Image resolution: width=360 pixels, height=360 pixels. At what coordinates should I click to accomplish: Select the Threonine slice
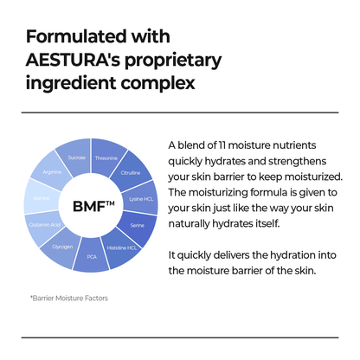point(106,158)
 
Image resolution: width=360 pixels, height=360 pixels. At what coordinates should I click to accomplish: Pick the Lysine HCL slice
point(141,198)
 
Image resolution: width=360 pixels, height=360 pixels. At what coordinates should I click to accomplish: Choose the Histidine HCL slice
point(120,247)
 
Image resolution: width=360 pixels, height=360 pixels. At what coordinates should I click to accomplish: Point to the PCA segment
point(92,257)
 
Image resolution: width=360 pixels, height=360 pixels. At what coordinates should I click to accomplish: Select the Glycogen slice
point(62,247)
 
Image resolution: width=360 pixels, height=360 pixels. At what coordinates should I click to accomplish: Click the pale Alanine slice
point(41,198)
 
